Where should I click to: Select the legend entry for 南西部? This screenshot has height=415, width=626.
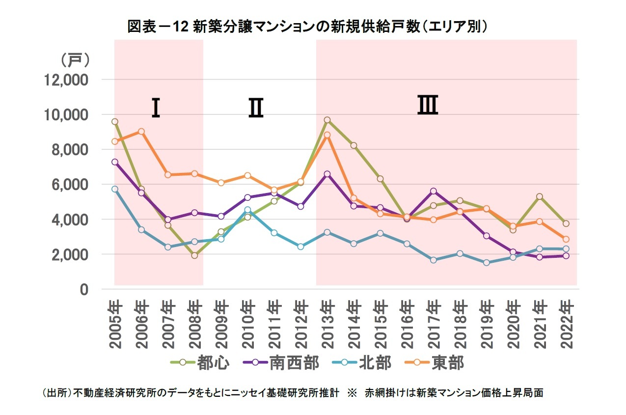280,363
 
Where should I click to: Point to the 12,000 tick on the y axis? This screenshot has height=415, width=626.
66,80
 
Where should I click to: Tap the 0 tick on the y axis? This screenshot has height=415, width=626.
84,289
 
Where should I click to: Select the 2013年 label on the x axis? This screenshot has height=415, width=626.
327,324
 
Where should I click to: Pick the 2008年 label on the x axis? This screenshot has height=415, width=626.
194,324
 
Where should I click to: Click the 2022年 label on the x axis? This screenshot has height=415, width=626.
566,324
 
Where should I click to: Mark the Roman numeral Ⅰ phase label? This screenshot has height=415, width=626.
156,108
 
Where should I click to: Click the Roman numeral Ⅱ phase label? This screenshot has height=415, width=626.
255,108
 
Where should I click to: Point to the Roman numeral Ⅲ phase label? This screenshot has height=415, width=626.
428,106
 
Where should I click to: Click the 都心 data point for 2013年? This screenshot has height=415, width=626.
327,120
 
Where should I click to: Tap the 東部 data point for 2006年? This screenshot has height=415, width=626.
141,132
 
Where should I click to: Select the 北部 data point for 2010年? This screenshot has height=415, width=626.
247,210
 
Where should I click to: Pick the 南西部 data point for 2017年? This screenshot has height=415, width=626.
433,191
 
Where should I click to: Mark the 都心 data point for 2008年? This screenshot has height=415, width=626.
194,255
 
